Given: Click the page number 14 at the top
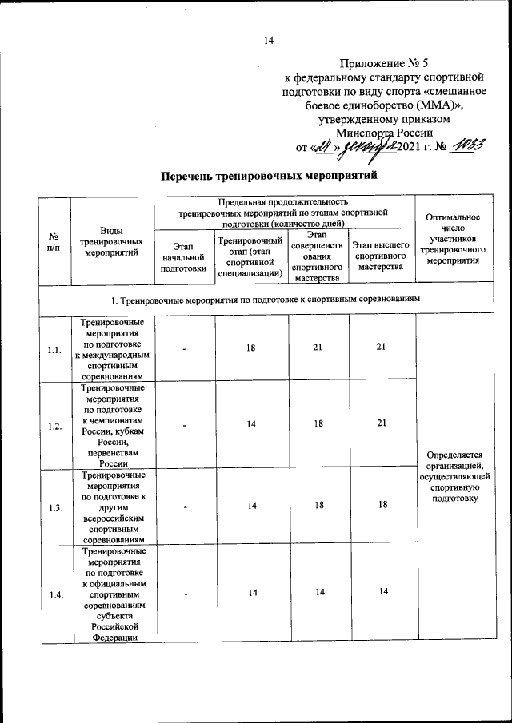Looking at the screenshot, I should tap(268, 41).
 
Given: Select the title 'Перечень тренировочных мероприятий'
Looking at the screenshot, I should tap(268, 175).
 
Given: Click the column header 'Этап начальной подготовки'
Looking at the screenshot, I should tap(183, 257).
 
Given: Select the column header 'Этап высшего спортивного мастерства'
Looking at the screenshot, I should tap(382, 256).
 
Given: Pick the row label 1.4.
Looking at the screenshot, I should tap(54, 594).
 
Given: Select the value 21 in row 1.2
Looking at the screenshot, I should tap(382, 423).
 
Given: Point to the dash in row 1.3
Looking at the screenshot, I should tap(183, 507).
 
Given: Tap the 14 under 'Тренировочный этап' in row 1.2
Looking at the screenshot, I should tap(251, 423).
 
